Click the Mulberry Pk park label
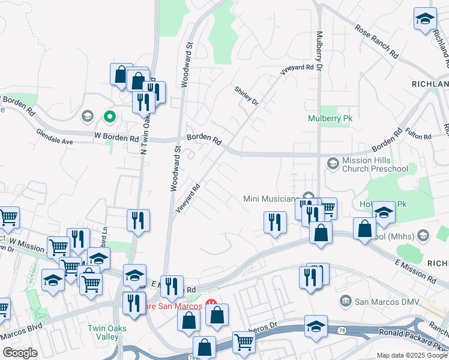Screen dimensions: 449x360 [330, 119]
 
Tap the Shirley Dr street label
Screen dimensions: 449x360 [246, 95]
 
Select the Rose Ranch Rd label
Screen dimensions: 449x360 [377, 41]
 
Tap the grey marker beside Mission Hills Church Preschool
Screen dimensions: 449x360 [332, 163]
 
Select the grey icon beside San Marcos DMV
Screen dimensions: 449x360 [345, 300]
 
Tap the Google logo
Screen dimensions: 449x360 [19, 353]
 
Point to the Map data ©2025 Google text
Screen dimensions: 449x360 [412, 355]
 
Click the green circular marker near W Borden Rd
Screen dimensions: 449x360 [109, 116]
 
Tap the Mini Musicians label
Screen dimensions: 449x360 [271, 199]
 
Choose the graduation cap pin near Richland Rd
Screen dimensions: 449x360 [424, 19]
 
